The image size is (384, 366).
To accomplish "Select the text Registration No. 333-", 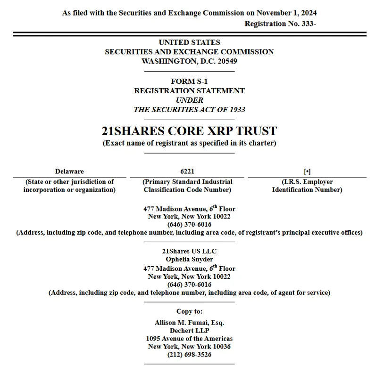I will pos(280,24).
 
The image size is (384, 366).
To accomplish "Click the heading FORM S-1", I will pos(189,81).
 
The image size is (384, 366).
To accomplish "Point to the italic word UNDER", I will pos(189,100).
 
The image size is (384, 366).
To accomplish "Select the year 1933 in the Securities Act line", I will pos(237,109).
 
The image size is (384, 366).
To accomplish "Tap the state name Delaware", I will pos(69,171).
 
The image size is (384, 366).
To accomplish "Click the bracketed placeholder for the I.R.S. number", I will pos(307,171).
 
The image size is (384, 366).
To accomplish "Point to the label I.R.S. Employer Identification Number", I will pos(307,186).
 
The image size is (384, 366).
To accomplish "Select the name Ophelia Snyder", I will pos(189,259).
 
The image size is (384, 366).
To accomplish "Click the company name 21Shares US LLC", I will pos(189,251).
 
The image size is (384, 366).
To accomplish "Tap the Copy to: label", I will pos(189,311).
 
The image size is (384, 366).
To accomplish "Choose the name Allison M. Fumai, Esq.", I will pos(189,323).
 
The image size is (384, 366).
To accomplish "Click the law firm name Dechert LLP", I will pos(189,331).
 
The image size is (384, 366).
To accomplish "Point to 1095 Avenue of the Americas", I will pos(189,338).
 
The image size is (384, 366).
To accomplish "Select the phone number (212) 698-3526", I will pos(189,355).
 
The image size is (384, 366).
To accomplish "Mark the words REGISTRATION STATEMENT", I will pos(189,90).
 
